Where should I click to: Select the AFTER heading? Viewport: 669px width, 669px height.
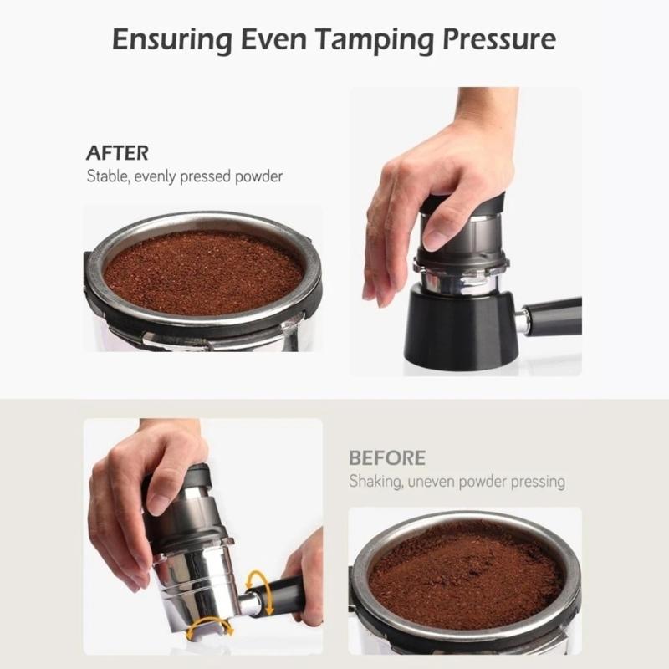pos(117,153)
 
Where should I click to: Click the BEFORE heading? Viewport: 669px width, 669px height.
pos(386,458)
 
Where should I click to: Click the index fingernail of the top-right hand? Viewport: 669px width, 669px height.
pos(433,240)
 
